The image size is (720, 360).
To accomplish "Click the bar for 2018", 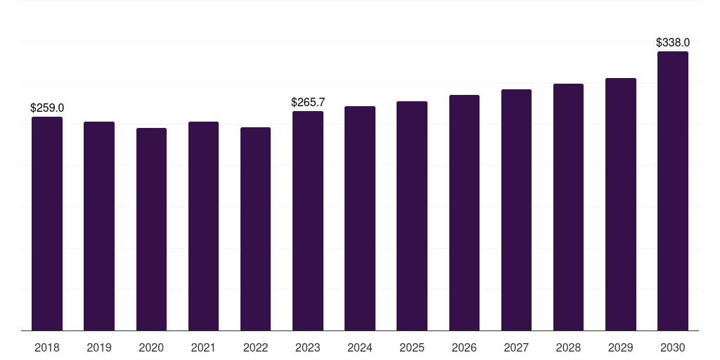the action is coord(47,224).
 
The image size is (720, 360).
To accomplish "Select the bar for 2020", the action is coord(152,229).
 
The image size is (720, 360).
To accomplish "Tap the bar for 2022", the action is coord(256,229).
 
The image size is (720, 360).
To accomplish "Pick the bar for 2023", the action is coord(308,221).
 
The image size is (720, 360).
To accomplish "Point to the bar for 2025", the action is coord(412,216).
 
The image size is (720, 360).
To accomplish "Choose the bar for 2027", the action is coord(517,210).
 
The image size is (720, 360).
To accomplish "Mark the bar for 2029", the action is coord(621,205).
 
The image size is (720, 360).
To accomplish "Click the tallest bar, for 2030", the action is coord(673,191).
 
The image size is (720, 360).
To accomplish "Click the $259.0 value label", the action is coord(47,108).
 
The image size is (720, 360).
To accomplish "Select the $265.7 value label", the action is coord(308,103).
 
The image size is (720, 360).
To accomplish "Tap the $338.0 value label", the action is coord(673,43).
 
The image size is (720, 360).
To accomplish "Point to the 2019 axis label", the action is coord(99,348).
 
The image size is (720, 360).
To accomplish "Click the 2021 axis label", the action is coord(203,348).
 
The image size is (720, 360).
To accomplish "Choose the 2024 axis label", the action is coord(360,348).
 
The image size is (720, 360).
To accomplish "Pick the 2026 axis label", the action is coord(464,348).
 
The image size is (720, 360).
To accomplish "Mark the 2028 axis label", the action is coord(568,348).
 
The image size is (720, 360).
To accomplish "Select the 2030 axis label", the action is coord(673,348).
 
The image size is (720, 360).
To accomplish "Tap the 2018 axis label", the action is coord(47,348).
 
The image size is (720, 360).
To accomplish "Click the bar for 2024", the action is coord(360,218).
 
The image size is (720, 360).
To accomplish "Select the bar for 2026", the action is coord(464,212).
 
